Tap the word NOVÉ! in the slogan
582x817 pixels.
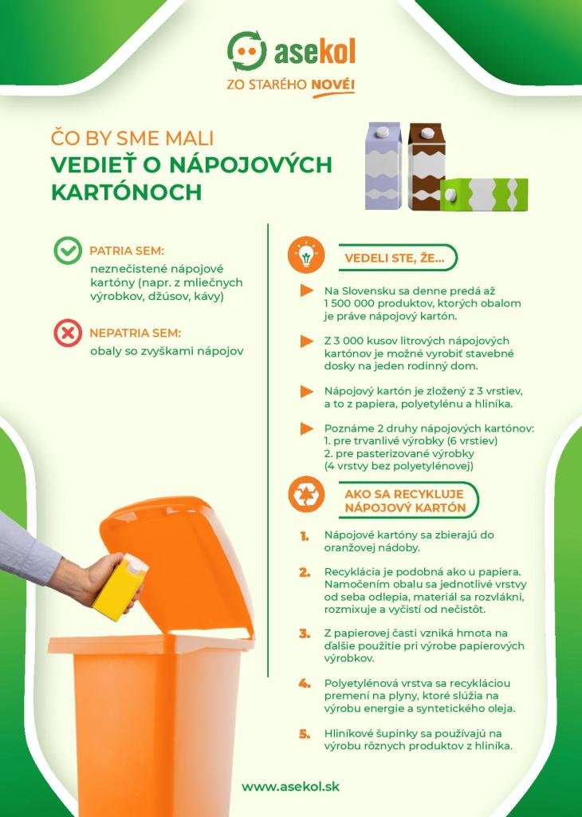click(332, 85)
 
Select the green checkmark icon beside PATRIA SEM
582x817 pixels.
click(68, 251)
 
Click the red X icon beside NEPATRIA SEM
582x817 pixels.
click(68, 333)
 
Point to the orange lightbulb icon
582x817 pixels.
click(306, 255)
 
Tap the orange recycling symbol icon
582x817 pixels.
click(306, 494)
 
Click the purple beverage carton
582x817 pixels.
click(383, 166)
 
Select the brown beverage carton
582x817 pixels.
click(427, 166)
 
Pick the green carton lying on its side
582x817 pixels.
click(484, 195)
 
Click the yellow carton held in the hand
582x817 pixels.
click(120, 587)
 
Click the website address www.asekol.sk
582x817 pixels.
click(290, 786)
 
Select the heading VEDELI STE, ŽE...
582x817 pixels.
click(395, 258)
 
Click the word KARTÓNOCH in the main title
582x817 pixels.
click(127, 192)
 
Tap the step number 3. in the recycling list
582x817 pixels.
click(305, 633)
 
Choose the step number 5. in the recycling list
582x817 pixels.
click(305, 734)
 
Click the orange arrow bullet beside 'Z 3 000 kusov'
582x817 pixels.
click(307, 341)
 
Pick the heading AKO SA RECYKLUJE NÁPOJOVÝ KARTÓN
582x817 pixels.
click(404, 501)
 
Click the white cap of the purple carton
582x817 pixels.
click(382, 132)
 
